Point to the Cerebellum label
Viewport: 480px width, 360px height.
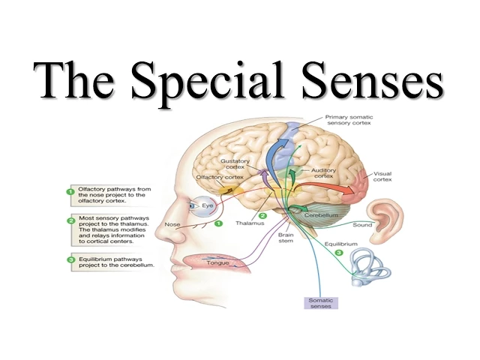pyautogui.click(x=323, y=214)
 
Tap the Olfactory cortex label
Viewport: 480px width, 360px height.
pyautogui.click(x=220, y=177)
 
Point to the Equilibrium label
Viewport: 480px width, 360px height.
pyautogui.click(x=340, y=244)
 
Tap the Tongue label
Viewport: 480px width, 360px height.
pyautogui.click(x=217, y=263)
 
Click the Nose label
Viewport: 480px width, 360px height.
pyautogui.click(x=172, y=224)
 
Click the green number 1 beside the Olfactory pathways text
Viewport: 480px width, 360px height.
pyautogui.click(x=70, y=192)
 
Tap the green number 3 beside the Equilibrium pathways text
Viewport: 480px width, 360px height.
pyautogui.click(x=70, y=260)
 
